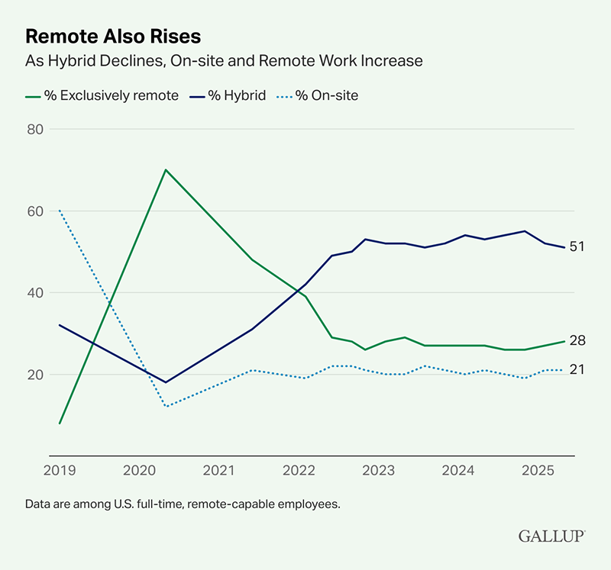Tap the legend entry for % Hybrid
click(x=229, y=96)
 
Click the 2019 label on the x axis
click(x=60, y=472)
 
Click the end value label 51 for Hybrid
click(x=577, y=247)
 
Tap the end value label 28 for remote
click(x=577, y=341)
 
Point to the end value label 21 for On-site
click(x=577, y=370)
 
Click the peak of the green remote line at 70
click(x=165, y=169)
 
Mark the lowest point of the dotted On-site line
click(x=165, y=406)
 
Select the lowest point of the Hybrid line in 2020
click(x=165, y=382)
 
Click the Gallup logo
click(x=552, y=536)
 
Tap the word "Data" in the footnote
click(x=38, y=504)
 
